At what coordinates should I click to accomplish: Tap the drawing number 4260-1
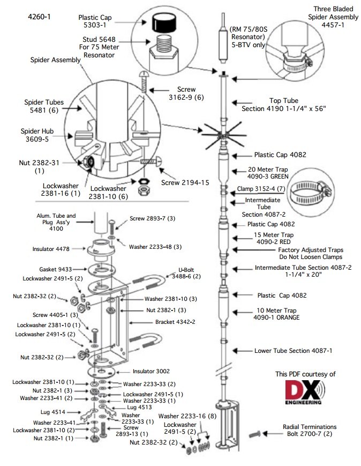[x=39, y=17]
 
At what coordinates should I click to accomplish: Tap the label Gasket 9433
[x=55, y=269]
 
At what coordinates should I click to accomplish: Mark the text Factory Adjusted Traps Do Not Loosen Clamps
[x=311, y=253]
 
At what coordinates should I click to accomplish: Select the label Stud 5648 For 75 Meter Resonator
[x=101, y=47]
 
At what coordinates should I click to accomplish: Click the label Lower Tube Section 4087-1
[x=293, y=351]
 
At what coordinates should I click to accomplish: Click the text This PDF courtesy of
[x=305, y=374]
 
